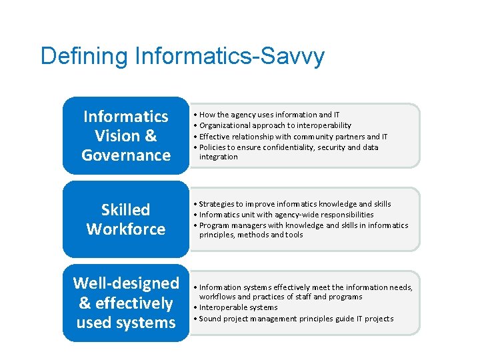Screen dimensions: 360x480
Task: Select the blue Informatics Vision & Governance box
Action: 126,136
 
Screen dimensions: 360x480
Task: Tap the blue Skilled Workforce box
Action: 126,219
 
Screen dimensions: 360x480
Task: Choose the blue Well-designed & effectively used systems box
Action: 126,303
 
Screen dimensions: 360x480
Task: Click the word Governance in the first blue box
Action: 126,155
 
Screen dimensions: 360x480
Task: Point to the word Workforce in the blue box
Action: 126,229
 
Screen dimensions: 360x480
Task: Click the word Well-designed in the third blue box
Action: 126,283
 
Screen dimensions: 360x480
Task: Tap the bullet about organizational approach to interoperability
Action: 275,125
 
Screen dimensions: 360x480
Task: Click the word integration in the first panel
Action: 218,157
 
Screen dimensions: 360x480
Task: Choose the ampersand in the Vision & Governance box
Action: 150,136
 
